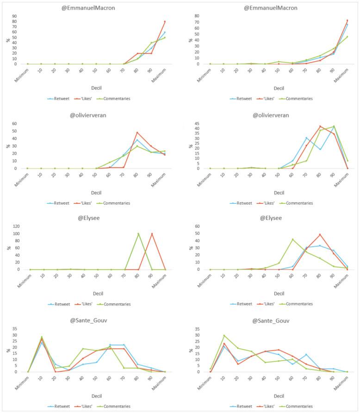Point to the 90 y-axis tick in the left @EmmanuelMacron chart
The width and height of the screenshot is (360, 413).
pos(22,16)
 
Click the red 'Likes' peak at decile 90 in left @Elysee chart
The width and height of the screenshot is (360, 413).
pos(152,234)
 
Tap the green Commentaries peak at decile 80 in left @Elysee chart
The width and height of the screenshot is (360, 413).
pos(138,234)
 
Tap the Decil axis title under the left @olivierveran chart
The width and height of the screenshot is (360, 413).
pos(96,192)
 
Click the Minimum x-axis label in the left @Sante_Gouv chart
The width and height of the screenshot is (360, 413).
pos(23,382)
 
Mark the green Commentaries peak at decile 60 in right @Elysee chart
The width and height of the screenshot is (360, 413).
pos(292,239)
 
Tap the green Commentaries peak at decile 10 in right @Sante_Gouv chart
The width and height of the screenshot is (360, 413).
pos(224,336)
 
